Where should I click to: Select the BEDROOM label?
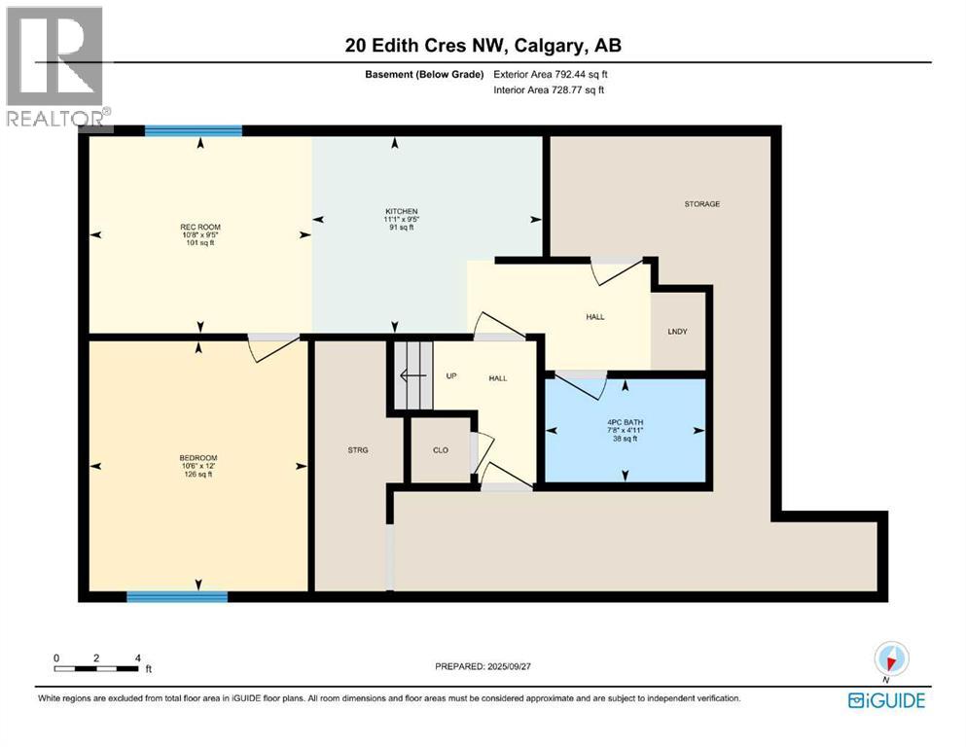click(197, 458)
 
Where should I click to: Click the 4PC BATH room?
click(625, 430)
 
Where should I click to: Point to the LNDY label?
click(677, 332)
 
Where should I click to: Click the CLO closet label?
click(440, 449)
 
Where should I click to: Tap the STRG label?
click(356, 449)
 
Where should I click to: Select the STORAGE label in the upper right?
click(701, 204)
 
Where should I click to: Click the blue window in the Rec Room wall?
click(194, 130)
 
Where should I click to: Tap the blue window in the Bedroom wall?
click(177, 596)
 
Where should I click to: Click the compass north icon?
click(891, 658)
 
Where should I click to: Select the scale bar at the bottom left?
click(97, 668)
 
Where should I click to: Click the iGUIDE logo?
click(886, 700)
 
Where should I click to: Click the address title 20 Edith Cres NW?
click(483, 46)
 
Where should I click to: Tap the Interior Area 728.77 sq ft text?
click(555, 90)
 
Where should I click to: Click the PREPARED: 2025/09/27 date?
click(483, 666)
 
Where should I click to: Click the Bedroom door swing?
click(269, 347)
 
